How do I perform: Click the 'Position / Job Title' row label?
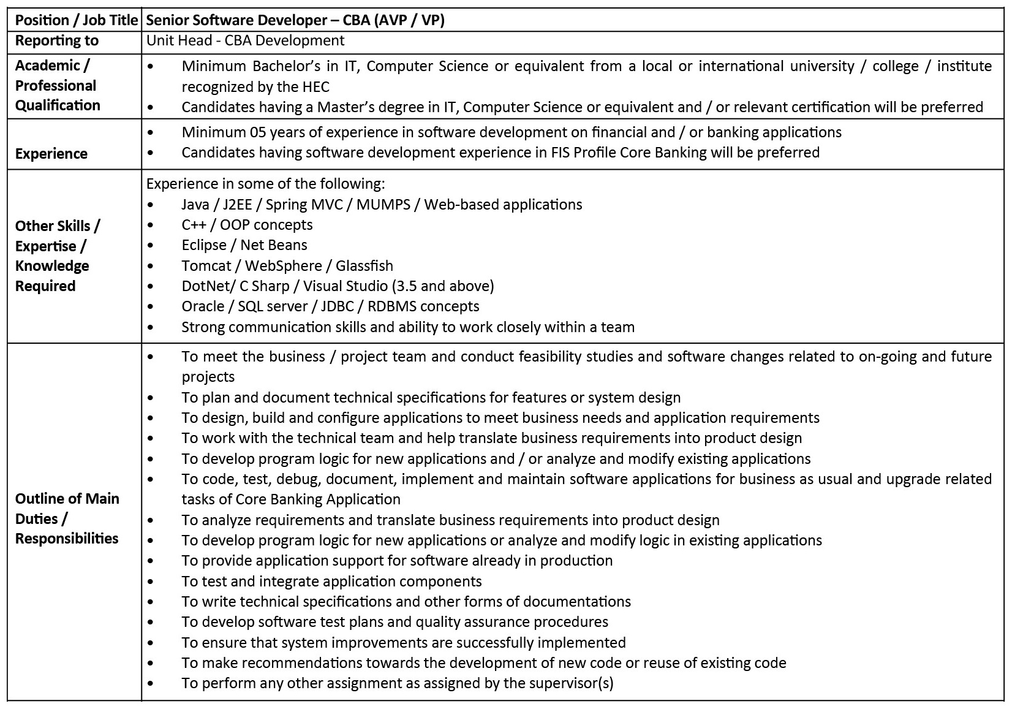[76, 20]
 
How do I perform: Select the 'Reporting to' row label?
[56, 40]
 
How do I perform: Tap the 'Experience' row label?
[51, 153]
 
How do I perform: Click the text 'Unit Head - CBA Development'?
[246, 40]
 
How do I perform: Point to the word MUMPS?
[383, 204]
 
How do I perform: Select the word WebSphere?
[290, 265]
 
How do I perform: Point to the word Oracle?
[203, 306]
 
